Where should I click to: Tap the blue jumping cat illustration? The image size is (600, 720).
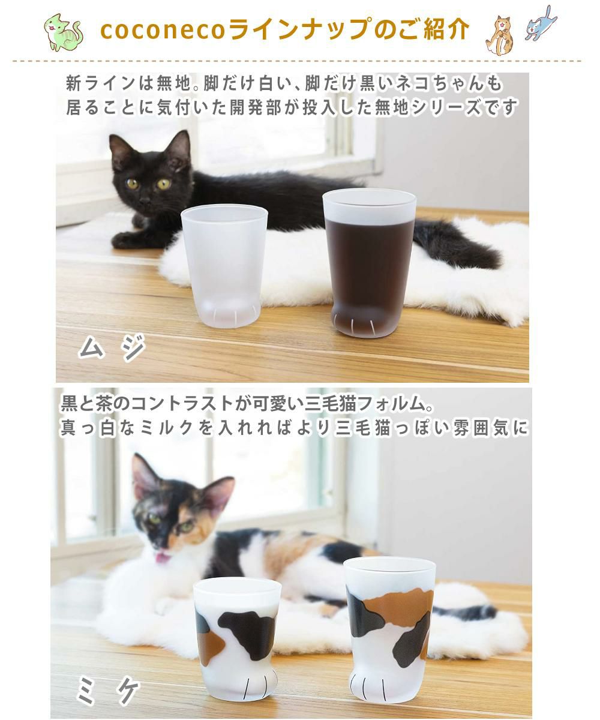[x=541, y=23]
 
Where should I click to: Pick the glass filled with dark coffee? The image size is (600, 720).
[x=370, y=261]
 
